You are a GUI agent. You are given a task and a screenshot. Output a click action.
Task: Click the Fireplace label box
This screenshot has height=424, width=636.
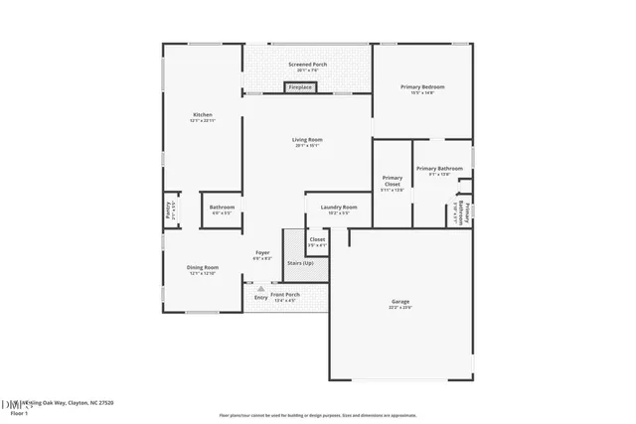click(300, 87)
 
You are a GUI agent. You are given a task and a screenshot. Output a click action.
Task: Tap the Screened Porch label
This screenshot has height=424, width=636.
click(307, 65)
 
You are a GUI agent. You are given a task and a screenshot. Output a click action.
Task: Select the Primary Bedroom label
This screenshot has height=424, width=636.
click(422, 87)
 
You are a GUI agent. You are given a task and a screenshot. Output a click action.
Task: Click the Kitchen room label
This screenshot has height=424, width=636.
click(202, 115)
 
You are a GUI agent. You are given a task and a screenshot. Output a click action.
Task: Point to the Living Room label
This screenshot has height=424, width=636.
click(307, 140)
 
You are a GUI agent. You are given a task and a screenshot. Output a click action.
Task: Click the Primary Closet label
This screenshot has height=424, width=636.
click(393, 182)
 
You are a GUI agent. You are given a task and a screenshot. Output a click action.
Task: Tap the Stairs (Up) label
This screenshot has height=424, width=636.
click(300, 263)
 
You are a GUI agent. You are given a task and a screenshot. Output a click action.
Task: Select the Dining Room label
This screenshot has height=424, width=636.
click(203, 268)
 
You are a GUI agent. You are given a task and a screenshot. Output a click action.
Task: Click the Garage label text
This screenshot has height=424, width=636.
click(400, 301)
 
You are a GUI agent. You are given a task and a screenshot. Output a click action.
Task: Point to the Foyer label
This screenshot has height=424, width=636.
click(262, 253)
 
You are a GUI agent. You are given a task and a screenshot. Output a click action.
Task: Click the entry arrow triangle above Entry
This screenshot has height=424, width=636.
click(260, 289)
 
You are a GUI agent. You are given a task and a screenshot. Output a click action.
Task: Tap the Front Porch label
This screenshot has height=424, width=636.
click(285, 296)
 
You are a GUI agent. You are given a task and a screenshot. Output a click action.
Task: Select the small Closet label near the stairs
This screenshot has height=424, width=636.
click(317, 239)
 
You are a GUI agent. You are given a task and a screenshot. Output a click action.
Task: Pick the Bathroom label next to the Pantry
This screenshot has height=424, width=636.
click(222, 208)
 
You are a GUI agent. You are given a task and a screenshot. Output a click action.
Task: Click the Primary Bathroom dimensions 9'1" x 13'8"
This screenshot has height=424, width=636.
click(438, 175)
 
